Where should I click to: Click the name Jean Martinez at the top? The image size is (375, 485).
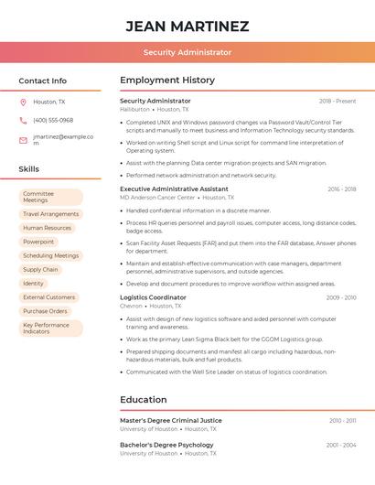pyautogui.click(x=187, y=26)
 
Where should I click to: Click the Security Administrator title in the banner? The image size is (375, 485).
pyautogui.click(x=187, y=53)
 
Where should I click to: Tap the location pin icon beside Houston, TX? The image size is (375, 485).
pyautogui.click(x=23, y=102)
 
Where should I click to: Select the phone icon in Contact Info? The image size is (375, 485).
pyautogui.click(x=23, y=120)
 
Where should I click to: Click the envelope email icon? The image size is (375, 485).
pyautogui.click(x=23, y=140)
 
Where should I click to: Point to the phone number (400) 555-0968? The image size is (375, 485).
pyautogui.click(x=53, y=120)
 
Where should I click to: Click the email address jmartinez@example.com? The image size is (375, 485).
pyautogui.click(x=63, y=139)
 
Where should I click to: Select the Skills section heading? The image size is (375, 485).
pyautogui.click(x=29, y=169)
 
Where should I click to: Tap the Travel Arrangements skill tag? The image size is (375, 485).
pyautogui.click(x=51, y=214)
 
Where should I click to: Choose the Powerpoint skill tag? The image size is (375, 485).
pyautogui.click(x=38, y=242)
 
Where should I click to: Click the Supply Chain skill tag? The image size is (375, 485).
pyautogui.click(x=40, y=269)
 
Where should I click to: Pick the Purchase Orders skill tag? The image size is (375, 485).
pyautogui.click(x=45, y=311)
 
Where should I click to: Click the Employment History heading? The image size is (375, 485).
pyautogui.click(x=167, y=81)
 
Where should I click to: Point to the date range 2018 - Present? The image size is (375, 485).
pyautogui.click(x=337, y=101)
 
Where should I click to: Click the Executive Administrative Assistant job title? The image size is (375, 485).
pyautogui.click(x=174, y=189)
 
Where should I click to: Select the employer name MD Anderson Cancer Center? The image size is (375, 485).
pyautogui.click(x=157, y=198)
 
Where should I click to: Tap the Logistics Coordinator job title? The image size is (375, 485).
pyautogui.click(x=153, y=297)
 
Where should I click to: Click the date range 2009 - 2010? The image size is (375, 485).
pyautogui.click(x=341, y=297)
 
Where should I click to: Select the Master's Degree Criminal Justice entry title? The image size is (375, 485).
pyautogui.click(x=171, y=420)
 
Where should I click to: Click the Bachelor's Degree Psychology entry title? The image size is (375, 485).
pyautogui.click(x=166, y=445)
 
